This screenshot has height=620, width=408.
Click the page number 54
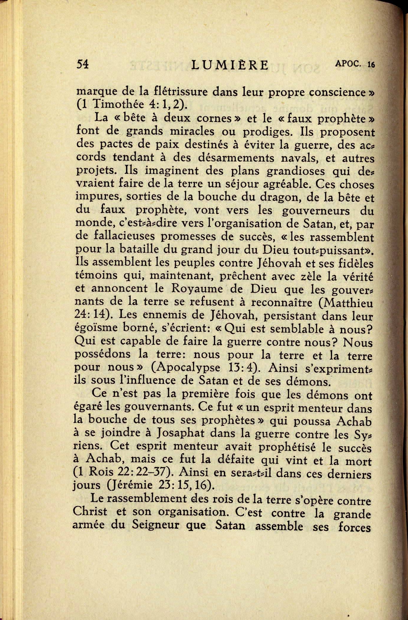click(x=82, y=64)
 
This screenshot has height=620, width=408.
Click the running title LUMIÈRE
click(x=230, y=65)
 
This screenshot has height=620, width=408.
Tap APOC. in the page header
click(x=348, y=63)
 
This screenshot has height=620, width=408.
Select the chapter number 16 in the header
click(x=371, y=64)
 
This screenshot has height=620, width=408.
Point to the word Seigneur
click(x=155, y=525)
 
